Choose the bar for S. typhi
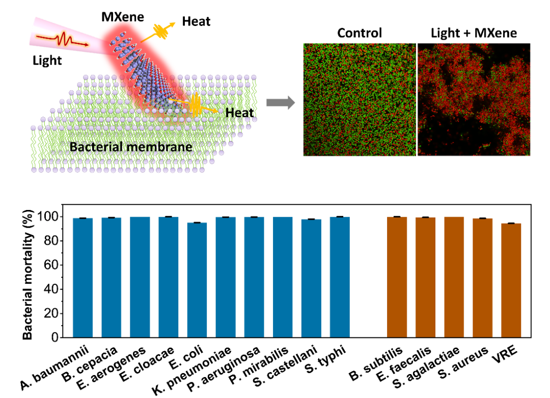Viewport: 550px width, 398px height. [x=340, y=278]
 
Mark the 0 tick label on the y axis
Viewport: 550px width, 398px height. [x=53, y=338]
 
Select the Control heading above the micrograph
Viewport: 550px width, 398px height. [x=360, y=34]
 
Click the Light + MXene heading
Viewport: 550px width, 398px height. [x=474, y=34]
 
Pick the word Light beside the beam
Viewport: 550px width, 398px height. [x=46, y=61]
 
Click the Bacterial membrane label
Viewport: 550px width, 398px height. [x=131, y=147]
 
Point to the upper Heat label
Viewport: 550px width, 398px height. [x=196, y=21]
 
